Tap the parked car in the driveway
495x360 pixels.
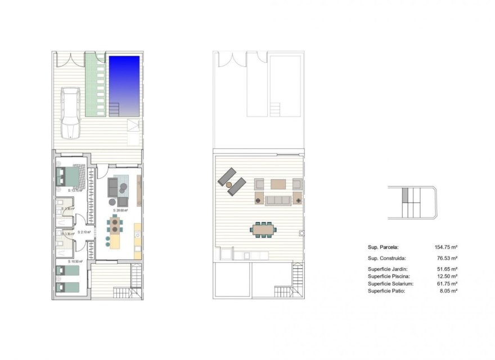[x=71, y=112]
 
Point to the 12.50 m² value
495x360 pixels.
[x=446, y=276]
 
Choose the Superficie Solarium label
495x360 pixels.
[x=390, y=283]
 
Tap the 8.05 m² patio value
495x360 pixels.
[x=448, y=291]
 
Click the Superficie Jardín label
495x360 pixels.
[x=388, y=269]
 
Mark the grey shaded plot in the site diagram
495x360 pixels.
[x=404, y=196]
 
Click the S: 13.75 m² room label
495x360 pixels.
[x=75, y=191]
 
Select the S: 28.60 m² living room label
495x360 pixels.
[x=120, y=210]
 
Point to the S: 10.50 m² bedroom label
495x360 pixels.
[x=75, y=262]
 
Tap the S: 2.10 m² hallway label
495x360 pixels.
[x=84, y=232]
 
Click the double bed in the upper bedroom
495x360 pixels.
[x=69, y=177]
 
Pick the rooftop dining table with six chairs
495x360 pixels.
[x=263, y=229]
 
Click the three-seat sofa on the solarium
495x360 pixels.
[x=278, y=200]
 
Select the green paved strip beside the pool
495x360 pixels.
[x=95, y=84]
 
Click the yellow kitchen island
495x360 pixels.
[x=115, y=241]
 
